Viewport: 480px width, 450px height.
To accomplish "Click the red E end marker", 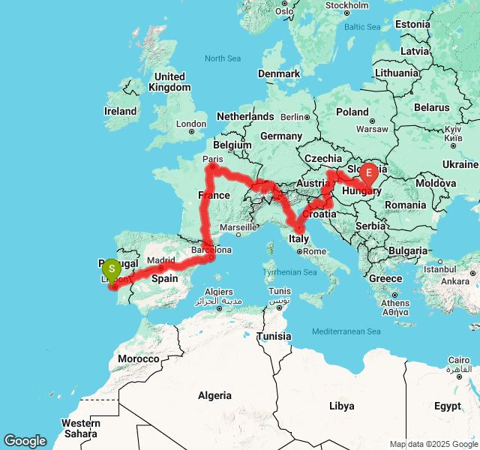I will [368, 173].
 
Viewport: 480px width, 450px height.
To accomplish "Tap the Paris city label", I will [214, 158].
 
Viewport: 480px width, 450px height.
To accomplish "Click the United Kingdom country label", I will [169, 82].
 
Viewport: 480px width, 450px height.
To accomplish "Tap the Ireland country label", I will [120, 111].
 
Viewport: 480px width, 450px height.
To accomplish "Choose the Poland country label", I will [352, 112].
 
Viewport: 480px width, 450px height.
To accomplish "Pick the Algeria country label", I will [214, 395].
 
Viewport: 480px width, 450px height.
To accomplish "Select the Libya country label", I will [341, 406].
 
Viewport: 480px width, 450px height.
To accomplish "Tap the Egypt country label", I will [447, 406].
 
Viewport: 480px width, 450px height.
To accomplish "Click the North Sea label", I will [222, 58].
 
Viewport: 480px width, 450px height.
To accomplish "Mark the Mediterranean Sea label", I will [346, 331].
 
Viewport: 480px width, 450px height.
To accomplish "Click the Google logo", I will [25, 442].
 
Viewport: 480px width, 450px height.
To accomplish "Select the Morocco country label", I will [139, 358].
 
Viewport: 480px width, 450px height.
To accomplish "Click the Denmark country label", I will [279, 73].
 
